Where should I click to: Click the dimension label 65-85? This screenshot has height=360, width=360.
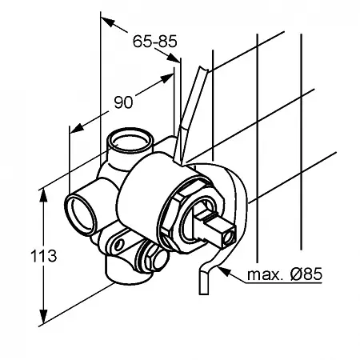click(155, 42)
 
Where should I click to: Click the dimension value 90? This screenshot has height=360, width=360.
click(123, 102)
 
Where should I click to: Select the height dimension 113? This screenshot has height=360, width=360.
click(43, 256)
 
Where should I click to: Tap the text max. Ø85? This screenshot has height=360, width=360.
click(285, 274)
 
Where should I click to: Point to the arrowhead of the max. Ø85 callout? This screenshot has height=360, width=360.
click(223, 271)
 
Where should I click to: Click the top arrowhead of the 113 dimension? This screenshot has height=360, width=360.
click(43, 196)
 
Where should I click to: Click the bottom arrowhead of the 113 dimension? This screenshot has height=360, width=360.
click(43, 317)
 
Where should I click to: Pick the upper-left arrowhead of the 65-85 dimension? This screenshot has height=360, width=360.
click(107, 22)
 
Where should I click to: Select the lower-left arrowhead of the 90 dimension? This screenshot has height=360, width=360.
click(77, 129)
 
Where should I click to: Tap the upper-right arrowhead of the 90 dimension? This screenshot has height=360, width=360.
click(166, 78)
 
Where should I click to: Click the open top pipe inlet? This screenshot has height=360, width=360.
click(130, 141)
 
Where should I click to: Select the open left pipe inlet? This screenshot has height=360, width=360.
click(81, 215)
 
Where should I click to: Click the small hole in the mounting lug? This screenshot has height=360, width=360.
click(119, 244)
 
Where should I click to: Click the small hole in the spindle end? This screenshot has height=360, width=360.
click(230, 236)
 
